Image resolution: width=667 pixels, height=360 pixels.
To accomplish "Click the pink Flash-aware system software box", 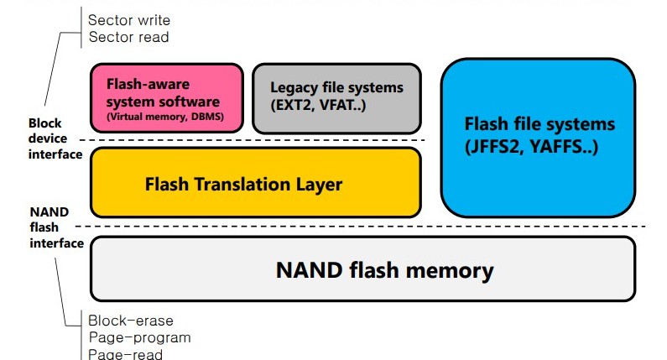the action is (x=167, y=98).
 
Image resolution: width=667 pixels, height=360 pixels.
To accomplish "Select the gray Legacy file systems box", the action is (x=336, y=99).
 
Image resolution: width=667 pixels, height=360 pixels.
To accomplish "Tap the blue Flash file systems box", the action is (x=538, y=138).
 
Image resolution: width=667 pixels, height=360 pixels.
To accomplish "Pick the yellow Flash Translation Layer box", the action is (x=256, y=183).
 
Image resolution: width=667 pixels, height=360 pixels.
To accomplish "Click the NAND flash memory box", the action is (x=362, y=269).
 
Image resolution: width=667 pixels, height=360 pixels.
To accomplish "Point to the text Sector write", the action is (x=129, y=20).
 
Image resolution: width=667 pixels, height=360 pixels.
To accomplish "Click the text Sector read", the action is (x=129, y=37).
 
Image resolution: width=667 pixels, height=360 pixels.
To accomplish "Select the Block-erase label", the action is (x=131, y=321).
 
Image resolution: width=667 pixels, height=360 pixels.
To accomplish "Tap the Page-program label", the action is (x=139, y=338).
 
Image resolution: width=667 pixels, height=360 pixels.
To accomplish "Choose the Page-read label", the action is (x=126, y=354).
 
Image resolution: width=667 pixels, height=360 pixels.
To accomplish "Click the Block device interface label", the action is (x=55, y=138).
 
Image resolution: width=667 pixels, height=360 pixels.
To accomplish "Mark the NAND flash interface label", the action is (x=56, y=227).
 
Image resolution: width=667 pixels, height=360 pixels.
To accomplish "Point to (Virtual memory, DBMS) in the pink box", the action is (x=165, y=117).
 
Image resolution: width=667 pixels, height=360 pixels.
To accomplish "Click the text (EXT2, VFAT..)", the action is (x=318, y=105).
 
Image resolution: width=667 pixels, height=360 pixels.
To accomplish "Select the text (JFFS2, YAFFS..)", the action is (x=531, y=147).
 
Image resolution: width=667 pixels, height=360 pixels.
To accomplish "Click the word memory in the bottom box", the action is (x=450, y=271).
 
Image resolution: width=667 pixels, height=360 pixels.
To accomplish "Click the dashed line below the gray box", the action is (x=253, y=140).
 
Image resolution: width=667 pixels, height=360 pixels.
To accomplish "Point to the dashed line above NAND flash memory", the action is (x=361, y=227).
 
